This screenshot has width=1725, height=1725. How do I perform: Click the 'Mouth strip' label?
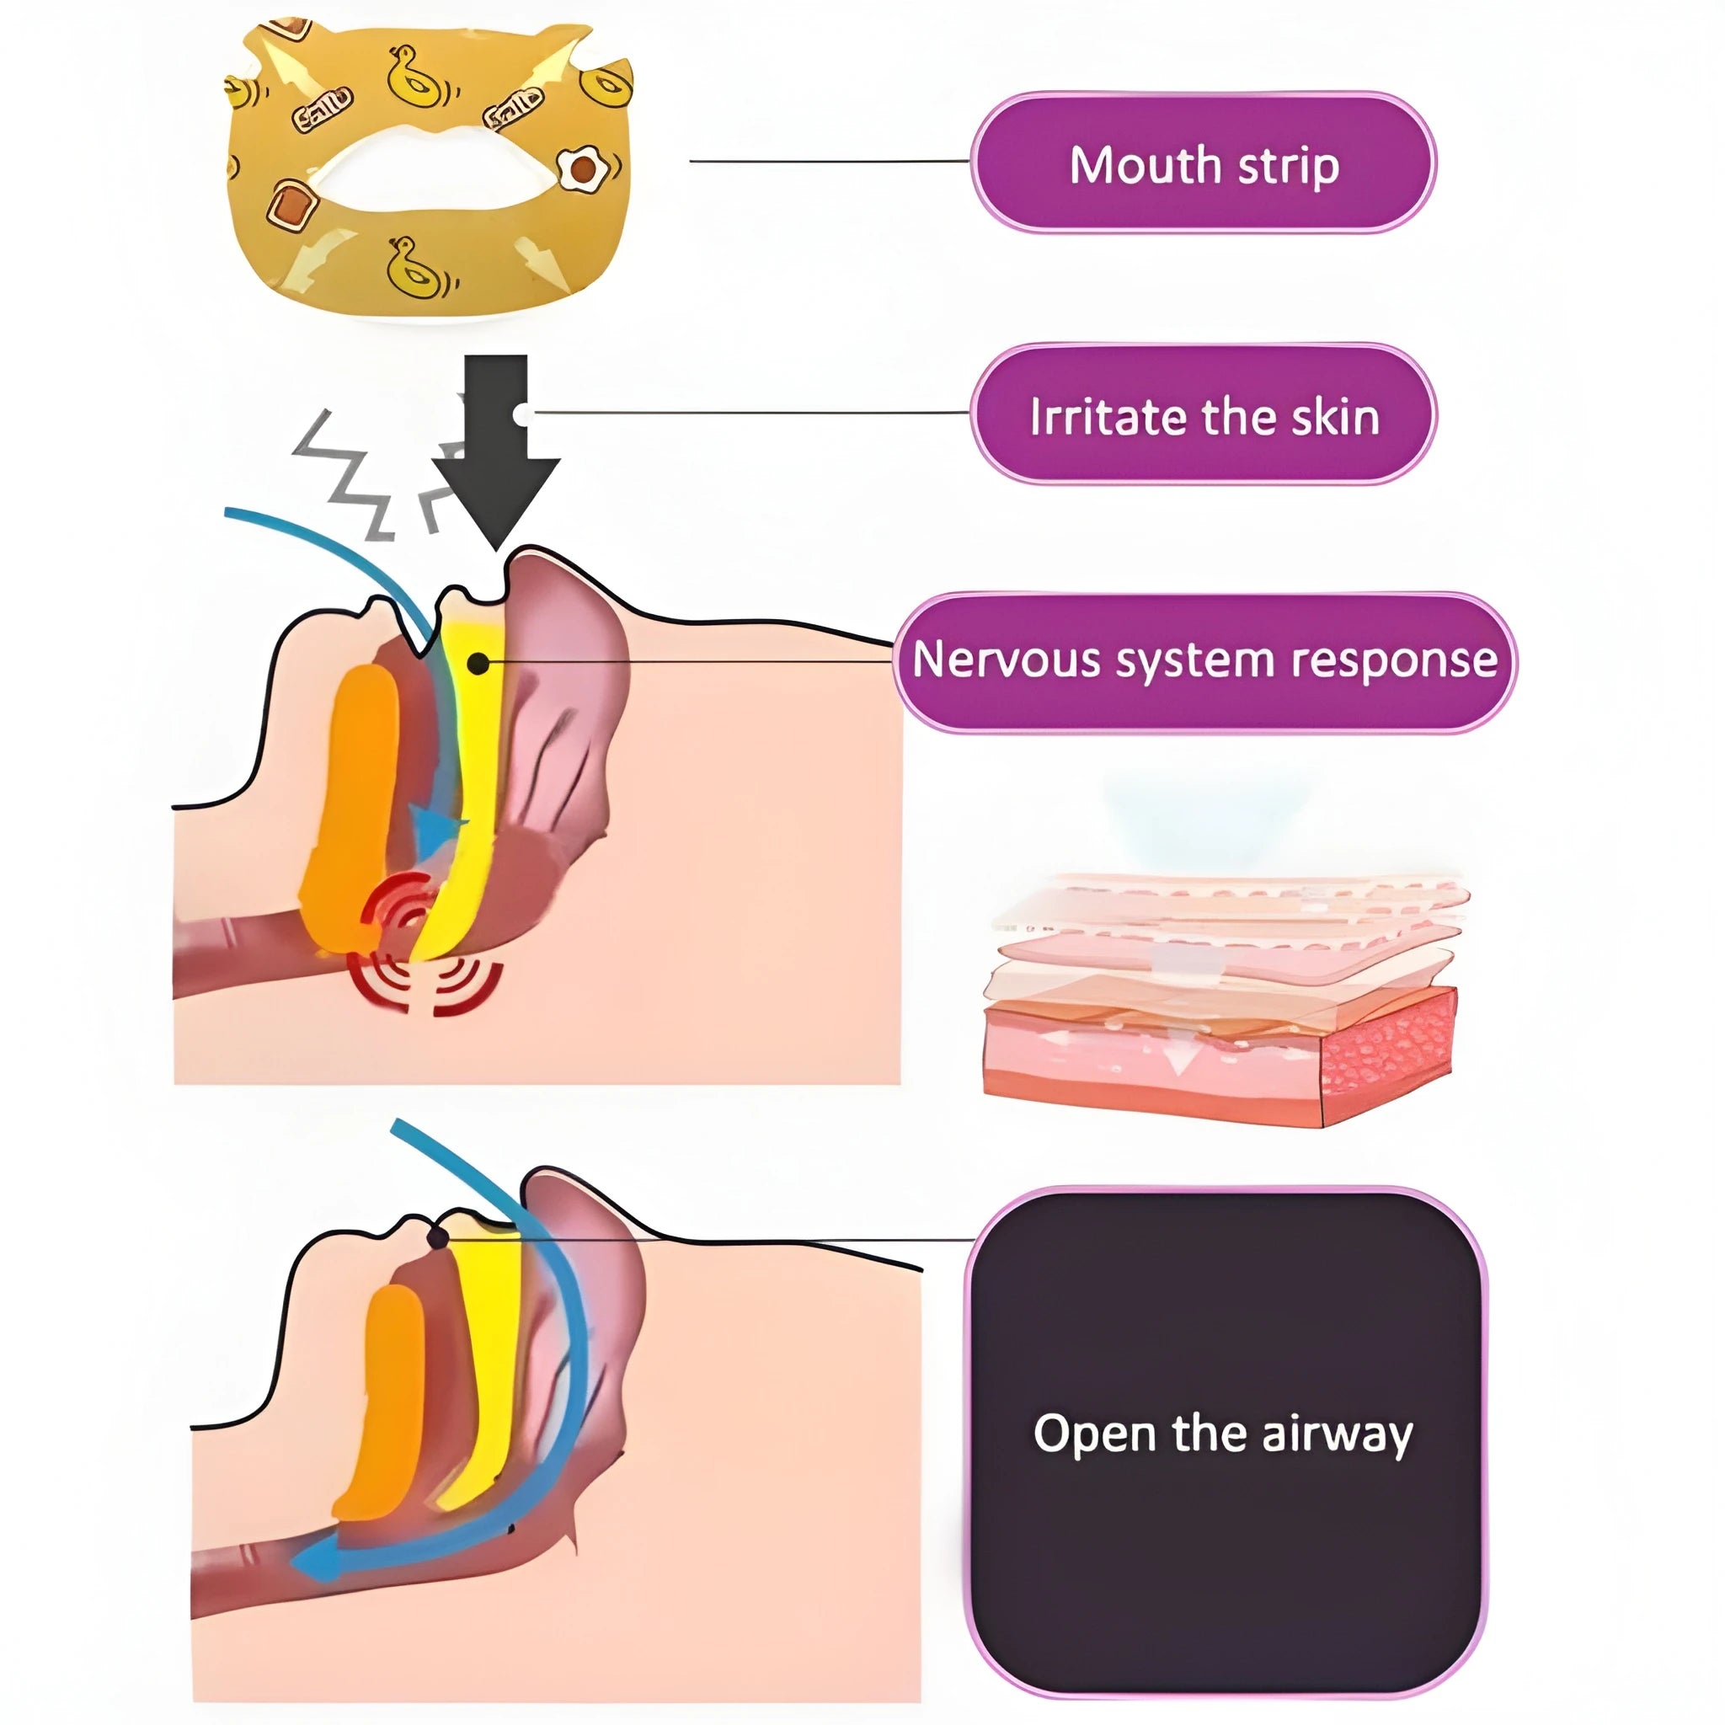1203,163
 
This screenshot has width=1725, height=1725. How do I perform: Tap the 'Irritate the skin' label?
1203,414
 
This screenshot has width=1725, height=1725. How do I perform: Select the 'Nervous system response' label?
1204,661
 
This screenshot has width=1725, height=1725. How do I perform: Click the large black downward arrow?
495,451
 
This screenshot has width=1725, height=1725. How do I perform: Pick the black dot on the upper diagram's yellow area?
478,664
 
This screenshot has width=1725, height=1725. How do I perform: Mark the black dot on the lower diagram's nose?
437,1237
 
